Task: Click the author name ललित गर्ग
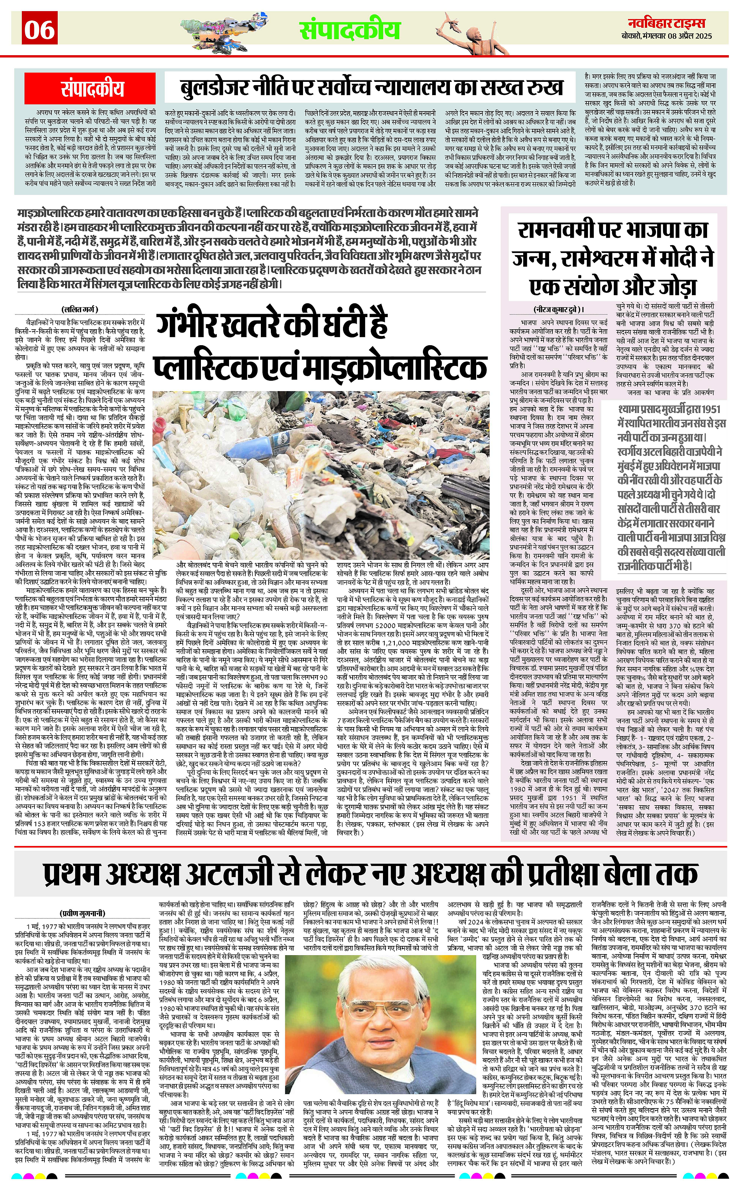click(80, 310)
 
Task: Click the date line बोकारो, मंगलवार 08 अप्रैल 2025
click(670, 36)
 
